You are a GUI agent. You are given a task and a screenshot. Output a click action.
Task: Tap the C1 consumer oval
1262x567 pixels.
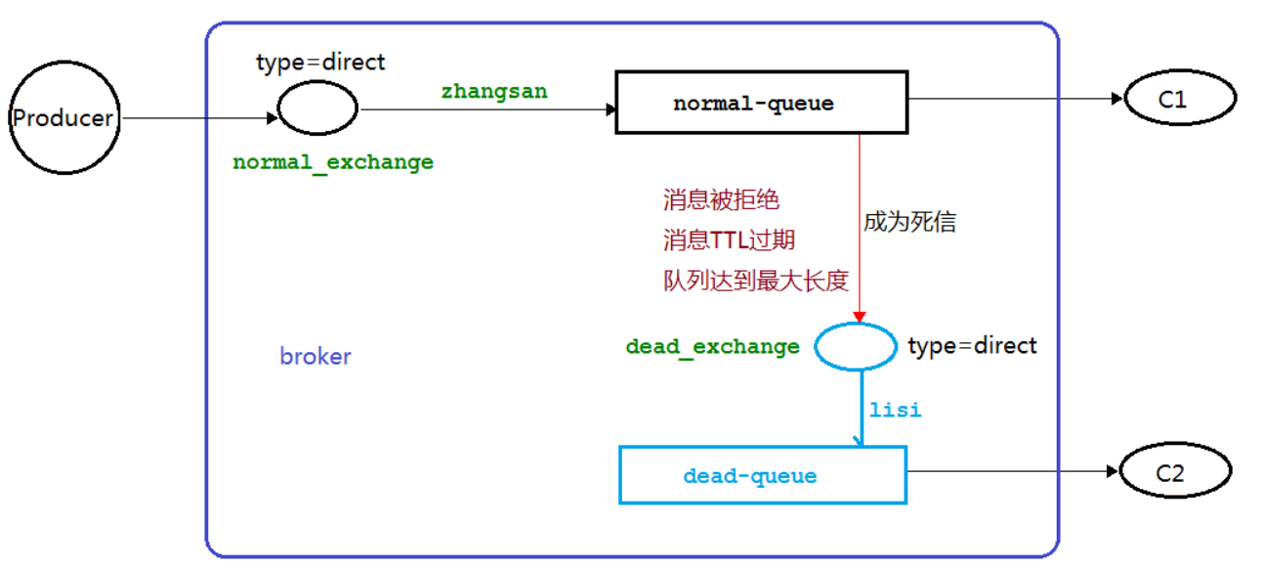(1180, 99)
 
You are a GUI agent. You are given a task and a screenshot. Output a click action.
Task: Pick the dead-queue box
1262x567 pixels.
(763, 476)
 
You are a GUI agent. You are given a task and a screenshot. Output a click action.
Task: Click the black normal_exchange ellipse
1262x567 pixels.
(318, 108)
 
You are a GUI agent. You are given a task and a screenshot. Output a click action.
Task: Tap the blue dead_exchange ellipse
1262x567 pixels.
(855, 346)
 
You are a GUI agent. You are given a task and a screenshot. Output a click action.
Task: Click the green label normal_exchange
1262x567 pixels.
(332, 162)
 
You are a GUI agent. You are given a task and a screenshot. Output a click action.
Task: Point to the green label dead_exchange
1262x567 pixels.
(712, 346)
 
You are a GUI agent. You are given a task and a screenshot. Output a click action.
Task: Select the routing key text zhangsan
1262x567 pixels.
(494, 91)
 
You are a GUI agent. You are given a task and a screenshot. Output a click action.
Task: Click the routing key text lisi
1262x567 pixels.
(895, 410)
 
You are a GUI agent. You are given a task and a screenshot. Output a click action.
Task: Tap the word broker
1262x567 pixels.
(315, 356)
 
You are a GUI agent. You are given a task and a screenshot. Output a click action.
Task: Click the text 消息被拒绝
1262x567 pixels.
(721, 201)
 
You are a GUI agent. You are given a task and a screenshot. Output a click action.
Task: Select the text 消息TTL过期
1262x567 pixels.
(729, 240)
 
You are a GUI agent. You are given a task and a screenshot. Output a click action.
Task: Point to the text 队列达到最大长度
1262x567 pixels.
(755, 281)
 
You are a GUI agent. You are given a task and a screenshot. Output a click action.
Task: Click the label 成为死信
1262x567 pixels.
(908, 222)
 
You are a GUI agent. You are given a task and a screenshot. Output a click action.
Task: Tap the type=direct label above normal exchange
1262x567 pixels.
(320, 63)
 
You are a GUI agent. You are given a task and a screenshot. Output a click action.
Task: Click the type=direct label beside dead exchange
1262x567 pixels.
(972, 345)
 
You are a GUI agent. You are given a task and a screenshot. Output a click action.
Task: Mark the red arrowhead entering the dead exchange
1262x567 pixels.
(859, 317)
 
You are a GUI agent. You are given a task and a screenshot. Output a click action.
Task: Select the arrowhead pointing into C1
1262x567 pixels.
(1117, 99)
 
